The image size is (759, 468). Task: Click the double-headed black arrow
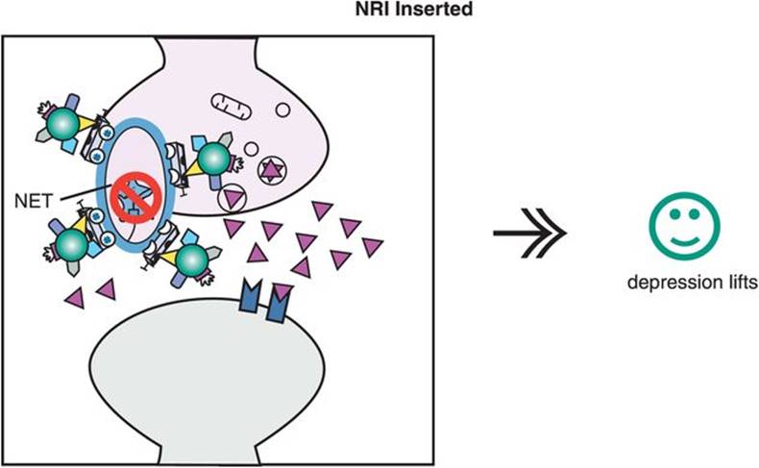[527, 234]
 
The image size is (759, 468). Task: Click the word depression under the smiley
[655, 284]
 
